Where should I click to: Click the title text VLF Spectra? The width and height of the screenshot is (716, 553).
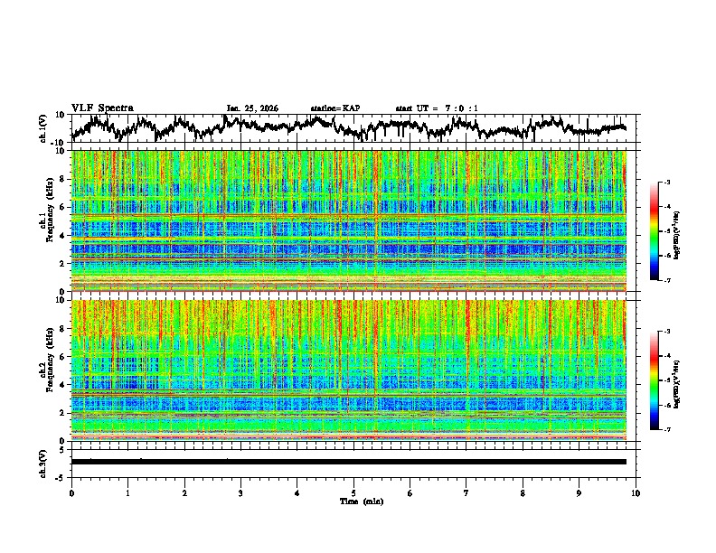coord(102,108)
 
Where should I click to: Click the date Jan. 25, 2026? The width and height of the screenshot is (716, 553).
coord(252,108)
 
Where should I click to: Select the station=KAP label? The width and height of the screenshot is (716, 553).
coord(335,108)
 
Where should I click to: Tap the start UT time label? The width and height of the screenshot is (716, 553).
coord(437,108)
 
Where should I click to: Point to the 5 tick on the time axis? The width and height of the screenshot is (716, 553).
coord(353,492)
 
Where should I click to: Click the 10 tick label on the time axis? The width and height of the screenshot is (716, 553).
coord(636,492)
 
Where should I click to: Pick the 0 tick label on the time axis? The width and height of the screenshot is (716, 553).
coord(71,492)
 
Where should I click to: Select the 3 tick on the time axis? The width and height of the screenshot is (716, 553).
coord(240,492)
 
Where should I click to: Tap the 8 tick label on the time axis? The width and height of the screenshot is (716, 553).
coord(523,492)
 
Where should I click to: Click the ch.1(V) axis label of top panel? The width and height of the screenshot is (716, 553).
coord(43,128)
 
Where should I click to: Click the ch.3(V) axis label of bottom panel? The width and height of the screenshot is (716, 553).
coord(43,462)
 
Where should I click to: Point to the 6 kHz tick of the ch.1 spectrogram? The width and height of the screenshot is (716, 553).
coord(62,207)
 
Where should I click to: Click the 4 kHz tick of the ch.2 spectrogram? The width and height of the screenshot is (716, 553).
coord(62,384)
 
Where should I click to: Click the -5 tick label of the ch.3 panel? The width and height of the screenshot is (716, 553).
coord(60,475)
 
